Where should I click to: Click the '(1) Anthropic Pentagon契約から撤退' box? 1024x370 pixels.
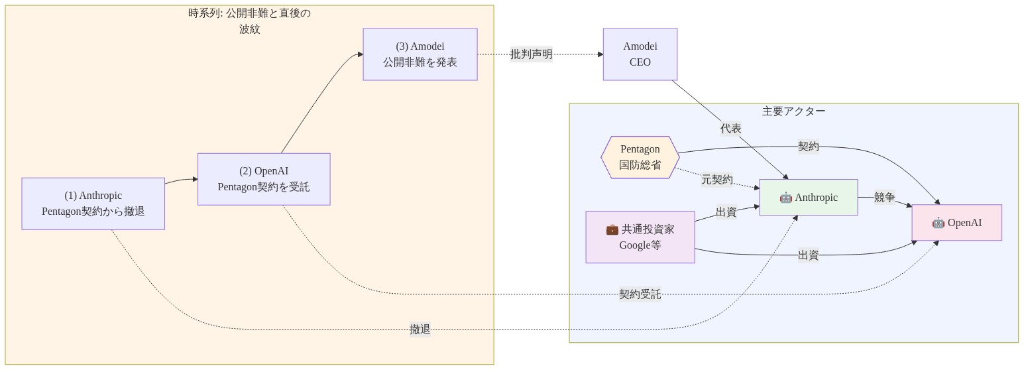[93, 204]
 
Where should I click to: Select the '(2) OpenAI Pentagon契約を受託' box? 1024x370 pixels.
[264, 179]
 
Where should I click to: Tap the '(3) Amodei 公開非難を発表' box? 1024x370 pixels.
[420, 54]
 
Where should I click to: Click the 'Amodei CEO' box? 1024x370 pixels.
[640, 54]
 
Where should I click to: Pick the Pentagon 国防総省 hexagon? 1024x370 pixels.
[640, 157]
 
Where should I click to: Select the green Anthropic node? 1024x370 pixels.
[808, 198]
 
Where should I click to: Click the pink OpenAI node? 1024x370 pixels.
[956, 223]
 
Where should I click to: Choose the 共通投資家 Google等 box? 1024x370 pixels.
[640, 237]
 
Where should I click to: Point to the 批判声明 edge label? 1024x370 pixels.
[531, 54]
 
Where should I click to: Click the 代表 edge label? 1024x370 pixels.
[730, 129]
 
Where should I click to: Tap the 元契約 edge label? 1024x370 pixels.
[716, 180]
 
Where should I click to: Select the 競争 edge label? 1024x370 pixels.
[884, 198]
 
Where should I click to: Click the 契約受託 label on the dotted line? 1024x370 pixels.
[640, 294]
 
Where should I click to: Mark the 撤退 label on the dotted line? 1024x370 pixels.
[420, 330]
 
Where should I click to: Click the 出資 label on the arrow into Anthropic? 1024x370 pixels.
[726, 212]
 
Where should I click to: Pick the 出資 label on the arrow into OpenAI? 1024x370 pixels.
[808, 255]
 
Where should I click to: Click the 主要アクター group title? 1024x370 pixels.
[793, 111]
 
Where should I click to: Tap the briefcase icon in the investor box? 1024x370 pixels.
[612, 229]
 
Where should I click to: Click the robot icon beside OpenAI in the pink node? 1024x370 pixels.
[938, 223]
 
